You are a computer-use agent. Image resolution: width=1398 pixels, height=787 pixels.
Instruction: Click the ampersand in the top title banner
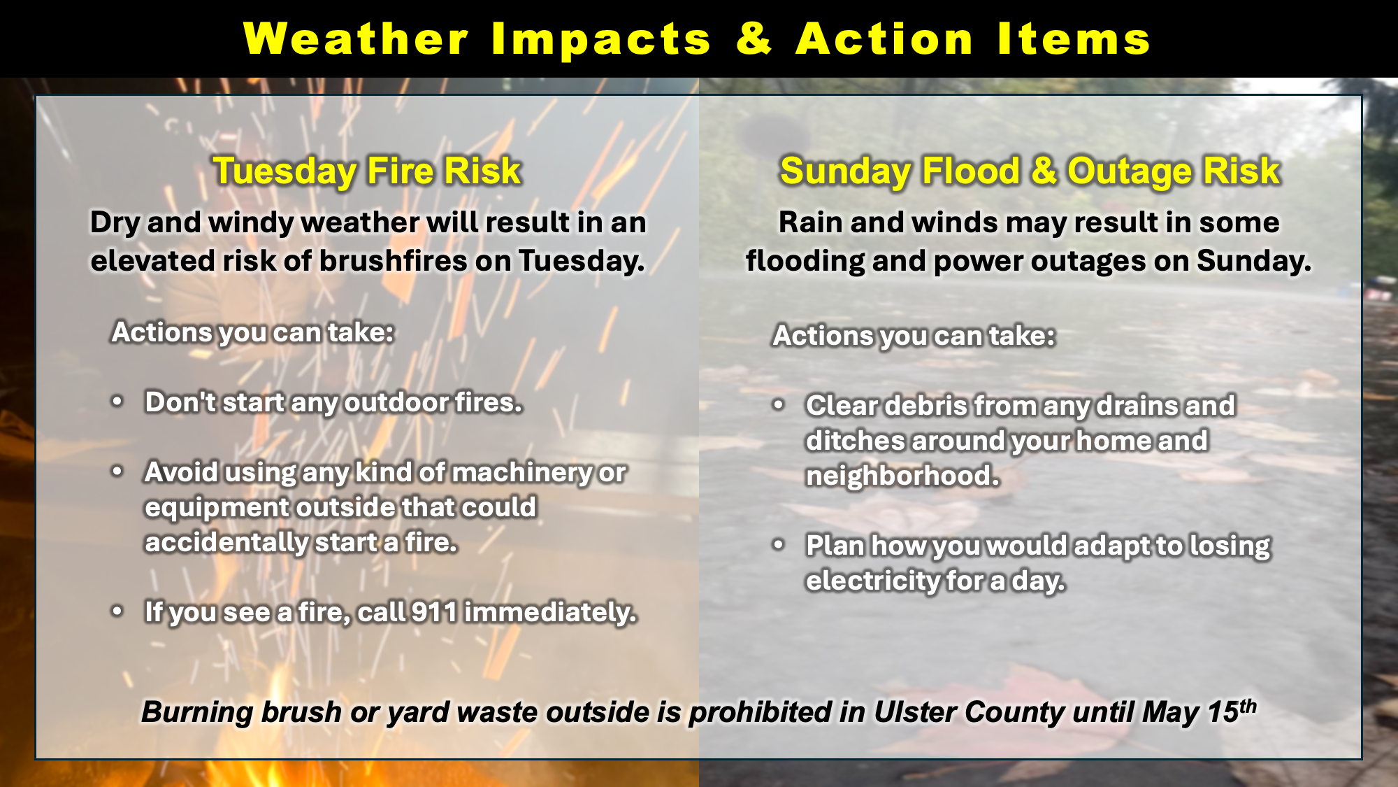coord(754,38)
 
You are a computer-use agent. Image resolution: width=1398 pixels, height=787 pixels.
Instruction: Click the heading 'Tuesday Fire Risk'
coord(367,171)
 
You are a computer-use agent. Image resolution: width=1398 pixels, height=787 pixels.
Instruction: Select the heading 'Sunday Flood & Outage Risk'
coord(1030,171)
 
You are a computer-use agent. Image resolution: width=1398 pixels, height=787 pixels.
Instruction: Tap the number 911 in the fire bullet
coord(434,612)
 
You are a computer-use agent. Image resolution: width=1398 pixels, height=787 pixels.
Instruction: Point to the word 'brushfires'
coord(393,261)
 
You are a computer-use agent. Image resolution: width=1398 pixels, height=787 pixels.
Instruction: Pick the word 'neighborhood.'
coord(902,476)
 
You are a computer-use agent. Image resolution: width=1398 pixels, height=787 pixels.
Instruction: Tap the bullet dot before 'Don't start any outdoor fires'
coord(117,402)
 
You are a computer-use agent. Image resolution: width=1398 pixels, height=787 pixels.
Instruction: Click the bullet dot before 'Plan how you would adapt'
coord(779,544)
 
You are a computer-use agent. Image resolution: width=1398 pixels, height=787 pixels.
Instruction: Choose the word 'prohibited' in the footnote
coord(761,712)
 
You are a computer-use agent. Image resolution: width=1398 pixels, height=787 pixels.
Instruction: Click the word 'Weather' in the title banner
coord(356,38)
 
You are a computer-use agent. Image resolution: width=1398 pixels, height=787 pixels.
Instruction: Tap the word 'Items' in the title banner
coord(1074,38)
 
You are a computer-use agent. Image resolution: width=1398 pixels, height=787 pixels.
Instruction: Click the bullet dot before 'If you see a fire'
coord(117,611)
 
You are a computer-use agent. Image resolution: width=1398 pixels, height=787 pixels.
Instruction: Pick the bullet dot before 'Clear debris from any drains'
coord(779,404)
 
